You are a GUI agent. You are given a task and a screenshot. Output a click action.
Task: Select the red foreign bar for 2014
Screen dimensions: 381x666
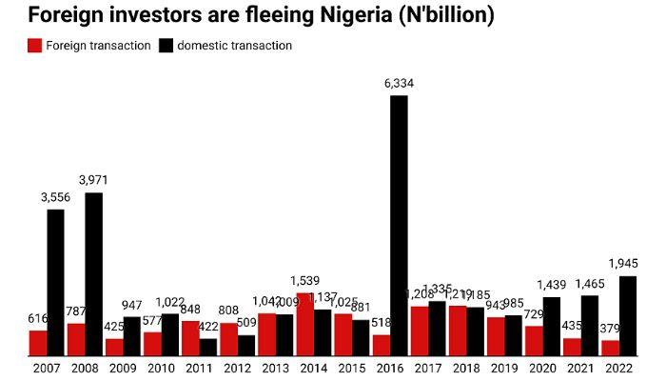tap(304, 325)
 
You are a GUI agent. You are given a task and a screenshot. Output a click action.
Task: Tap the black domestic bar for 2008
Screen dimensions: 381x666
tap(93, 274)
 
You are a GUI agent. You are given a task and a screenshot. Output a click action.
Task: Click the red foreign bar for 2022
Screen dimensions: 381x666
tap(610, 348)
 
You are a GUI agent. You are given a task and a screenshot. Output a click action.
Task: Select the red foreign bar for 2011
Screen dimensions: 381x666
tap(190, 338)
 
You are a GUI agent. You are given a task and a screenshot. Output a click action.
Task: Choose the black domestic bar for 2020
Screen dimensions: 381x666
tap(552, 327)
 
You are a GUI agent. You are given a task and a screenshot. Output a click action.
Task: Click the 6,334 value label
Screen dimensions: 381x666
tap(399, 84)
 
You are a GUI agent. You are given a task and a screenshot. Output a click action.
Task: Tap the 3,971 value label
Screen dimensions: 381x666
tap(93, 181)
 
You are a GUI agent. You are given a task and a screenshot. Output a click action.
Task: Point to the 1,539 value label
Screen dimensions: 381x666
tap(304, 281)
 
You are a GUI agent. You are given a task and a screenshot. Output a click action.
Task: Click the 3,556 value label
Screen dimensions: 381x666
tap(55, 197)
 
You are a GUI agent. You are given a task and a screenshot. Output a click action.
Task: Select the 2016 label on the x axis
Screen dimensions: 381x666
tap(390, 367)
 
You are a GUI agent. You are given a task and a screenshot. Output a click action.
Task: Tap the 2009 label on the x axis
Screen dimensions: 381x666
tap(123, 367)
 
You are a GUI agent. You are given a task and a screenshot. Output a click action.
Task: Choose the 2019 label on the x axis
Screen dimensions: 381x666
tap(504, 367)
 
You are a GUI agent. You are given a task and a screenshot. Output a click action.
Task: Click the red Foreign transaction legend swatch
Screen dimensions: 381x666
tap(35, 46)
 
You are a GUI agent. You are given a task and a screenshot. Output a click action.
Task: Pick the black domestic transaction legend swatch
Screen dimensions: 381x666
tap(166, 46)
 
